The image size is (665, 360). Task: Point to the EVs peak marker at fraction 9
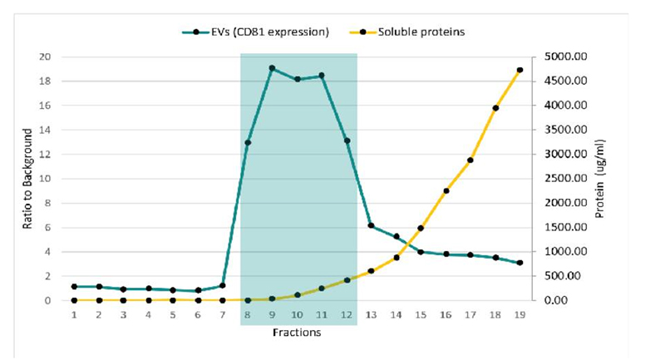[272, 68]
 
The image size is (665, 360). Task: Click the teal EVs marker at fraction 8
[248, 143]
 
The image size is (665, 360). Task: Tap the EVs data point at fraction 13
[371, 226]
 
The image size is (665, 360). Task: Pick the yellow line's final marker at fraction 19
[520, 71]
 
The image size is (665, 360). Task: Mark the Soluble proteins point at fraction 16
[446, 191]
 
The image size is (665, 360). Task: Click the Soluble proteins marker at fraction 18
[495, 108]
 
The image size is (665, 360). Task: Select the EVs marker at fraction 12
[347, 141]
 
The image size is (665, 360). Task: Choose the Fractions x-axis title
[297, 333]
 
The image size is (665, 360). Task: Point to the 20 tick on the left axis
[46, 57]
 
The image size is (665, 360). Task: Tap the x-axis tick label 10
[297, 315]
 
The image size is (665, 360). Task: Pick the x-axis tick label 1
[74, 315]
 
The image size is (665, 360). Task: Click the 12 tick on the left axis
[46, 155]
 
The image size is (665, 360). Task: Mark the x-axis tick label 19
[520, 315]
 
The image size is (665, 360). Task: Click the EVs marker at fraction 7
[223, 285]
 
